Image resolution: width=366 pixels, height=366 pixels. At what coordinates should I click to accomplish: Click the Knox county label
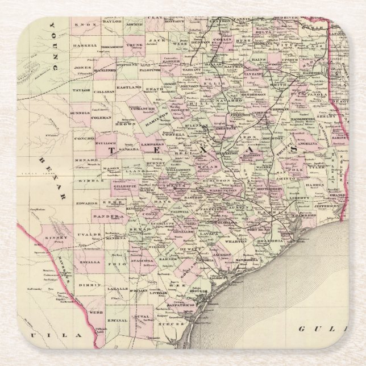[x=82, y=26]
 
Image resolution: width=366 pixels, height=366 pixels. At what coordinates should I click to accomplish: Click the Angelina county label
[x=306, y=145]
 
